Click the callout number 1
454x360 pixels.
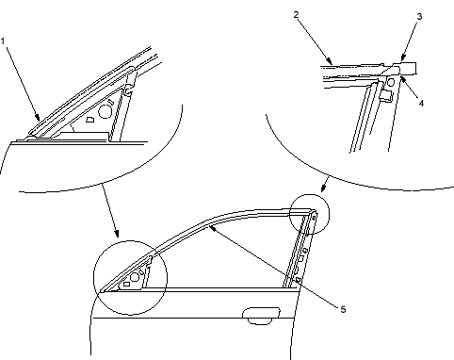point(3,41)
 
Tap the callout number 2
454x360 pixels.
point(296,14)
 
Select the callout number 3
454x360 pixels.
point(419,16)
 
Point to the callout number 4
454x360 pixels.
point(421,103)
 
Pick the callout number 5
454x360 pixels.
point(343,309)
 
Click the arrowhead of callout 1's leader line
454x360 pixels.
point(38,118)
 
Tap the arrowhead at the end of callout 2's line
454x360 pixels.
point(330,61)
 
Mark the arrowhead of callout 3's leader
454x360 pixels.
point(403,57)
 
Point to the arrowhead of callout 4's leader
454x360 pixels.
point(403,77)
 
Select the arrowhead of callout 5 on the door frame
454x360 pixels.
point(212,228)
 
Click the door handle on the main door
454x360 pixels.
point(261,316)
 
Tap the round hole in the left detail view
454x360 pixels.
point(105,111)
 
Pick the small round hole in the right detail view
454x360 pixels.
point(390,83)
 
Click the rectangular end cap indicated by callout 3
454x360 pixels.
point(407,68)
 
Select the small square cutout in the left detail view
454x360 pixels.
point(89,120)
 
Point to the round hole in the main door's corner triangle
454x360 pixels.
point(135,277)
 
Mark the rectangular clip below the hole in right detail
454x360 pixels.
point(386,96)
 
